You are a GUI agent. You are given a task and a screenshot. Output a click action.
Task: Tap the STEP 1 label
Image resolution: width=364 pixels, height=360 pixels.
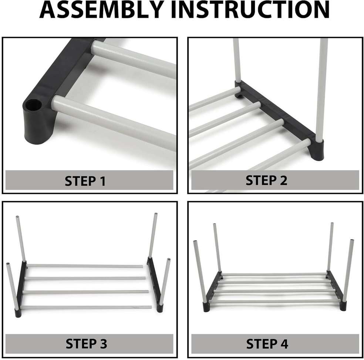pyautogui.click(x=85, y=181)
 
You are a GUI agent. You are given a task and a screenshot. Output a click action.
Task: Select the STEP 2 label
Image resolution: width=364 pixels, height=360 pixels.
pyautogui.click(x=266, y=180)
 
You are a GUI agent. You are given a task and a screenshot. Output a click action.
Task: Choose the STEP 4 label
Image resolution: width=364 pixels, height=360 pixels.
pyautogui.click(x=267, y=344)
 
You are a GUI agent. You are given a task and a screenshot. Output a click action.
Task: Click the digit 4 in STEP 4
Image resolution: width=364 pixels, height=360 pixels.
pyautogui.click(x=283, y=344)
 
